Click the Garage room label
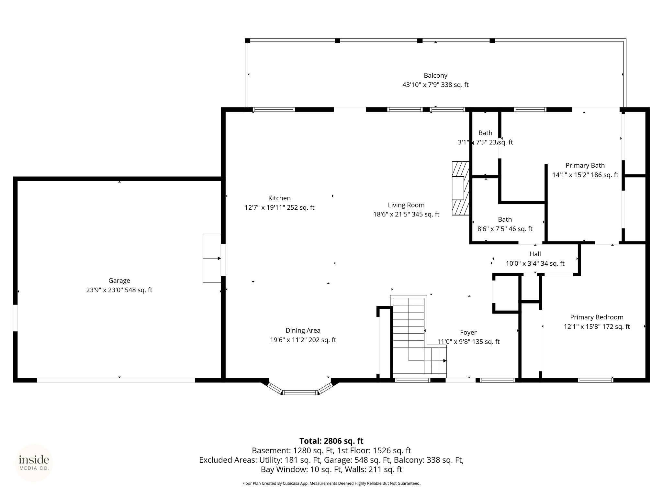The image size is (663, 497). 119,281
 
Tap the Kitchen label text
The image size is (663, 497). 279,198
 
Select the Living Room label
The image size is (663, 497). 406,205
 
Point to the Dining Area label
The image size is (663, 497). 303,330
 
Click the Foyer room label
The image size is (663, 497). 468,332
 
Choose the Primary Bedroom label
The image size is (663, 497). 597,317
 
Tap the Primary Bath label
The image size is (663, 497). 585,165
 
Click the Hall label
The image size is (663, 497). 535,254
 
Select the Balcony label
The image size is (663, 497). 435,75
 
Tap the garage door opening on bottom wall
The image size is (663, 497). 116,380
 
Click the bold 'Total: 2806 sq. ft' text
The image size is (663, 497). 331,441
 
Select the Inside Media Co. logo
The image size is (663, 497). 34,463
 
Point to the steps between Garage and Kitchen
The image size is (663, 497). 212,258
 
